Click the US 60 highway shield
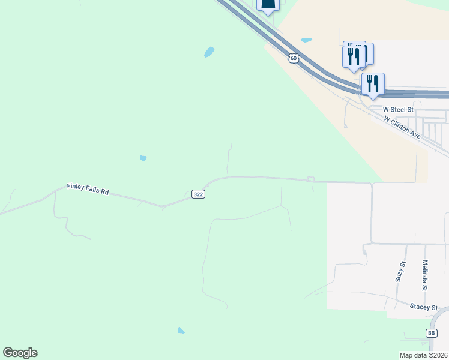(x=292, y=58)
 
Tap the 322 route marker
(x=198, y=194)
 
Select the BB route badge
(x=431, y=333)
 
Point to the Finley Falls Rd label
(x=88, y=189)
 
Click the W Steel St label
(x=399, y=110)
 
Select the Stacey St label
(x=424, y=307)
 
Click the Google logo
(x=20, y=353)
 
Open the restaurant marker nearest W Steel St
(x=373, y=83)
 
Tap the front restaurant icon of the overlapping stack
(x=352, y=57)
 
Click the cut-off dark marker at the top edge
(x=268, y=5)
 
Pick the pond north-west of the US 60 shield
(x=209, y=52)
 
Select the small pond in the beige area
(x=306, y=40)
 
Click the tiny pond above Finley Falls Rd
(x=143, y=158)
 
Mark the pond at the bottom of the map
(x=181, y=330)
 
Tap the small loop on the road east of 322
(x=310, y=179)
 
